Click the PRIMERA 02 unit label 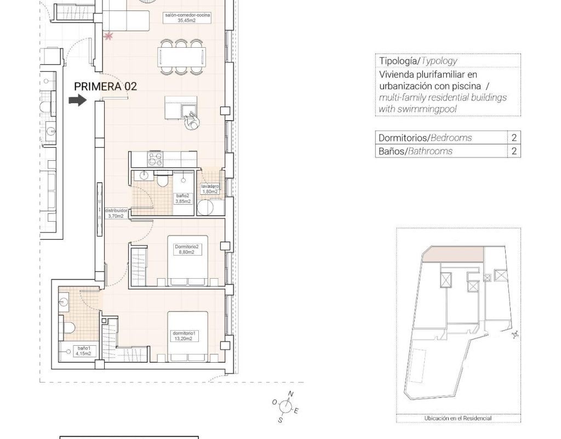pyautogui.click(x=105, y=86)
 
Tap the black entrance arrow pyautogui.click(x=78, y=100)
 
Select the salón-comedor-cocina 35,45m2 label pyautogui.click(x=187, y=18)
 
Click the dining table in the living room pyautogui.click(x=182, y=57)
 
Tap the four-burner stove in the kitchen pyautogui.click(x=155, y=159)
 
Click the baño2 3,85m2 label pyautogui.click(x=182, y=199)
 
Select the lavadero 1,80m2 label pyautogui.click(x=210, y=189)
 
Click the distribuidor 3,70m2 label pyautogui.click(x=116, y=213)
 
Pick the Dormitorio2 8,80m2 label pyautogui.click(x=186, y=249)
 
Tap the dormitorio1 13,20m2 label pyautogui.click(x=184, y=336)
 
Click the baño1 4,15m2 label pyautogui.click(x=83, y=351)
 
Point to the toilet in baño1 pyautogui.click(x=68, y=328)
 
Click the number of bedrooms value pyautogui.click(x=514, y=138)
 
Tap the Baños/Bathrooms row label pyautogui.click(x=415, y=151)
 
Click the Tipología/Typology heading pyautogui.click(x=418, y=61)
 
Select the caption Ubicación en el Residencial pyautogui.click(x=458, y=418)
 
